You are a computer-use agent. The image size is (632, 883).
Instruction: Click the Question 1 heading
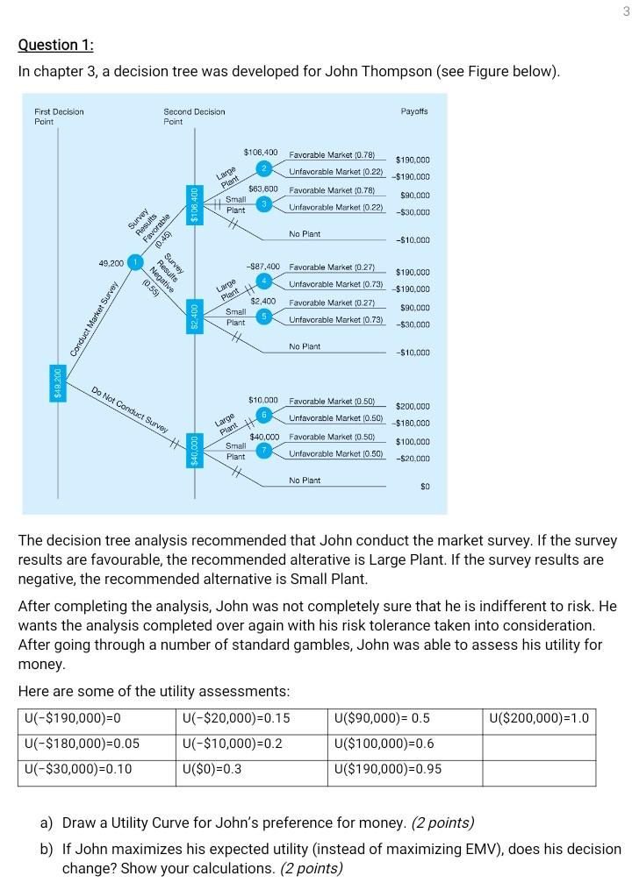click(x=55, y=45)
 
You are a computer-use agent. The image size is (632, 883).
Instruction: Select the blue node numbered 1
click(x=134, y=262)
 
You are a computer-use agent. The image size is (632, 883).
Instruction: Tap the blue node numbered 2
click(x=263, y=167)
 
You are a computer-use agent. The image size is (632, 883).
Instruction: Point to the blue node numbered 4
click(x=263, y=281)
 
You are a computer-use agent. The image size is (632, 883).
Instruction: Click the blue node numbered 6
click(x=263, y=414)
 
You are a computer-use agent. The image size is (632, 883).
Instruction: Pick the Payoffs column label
click(x=414, y=111)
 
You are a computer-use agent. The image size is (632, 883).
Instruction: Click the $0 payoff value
click(x=424, y=486)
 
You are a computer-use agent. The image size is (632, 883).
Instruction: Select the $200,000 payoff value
click(x=413, y=407)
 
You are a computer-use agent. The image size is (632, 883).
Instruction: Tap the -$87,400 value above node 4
click(x=263, y=266)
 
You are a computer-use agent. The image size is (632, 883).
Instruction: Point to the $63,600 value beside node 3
click(x=263, y=189)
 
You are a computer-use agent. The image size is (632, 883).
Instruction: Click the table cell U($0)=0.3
click(x=212, y=769)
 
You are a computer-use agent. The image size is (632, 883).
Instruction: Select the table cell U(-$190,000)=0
click(x=73, y=719)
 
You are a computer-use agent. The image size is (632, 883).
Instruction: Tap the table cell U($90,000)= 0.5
click(x=383, y=719)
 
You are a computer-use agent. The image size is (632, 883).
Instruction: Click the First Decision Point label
click(x=59, y=116)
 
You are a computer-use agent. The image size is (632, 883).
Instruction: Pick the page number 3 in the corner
click(x=626, y=11)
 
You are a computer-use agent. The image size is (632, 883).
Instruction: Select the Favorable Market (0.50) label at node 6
click(x=332, y=401)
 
